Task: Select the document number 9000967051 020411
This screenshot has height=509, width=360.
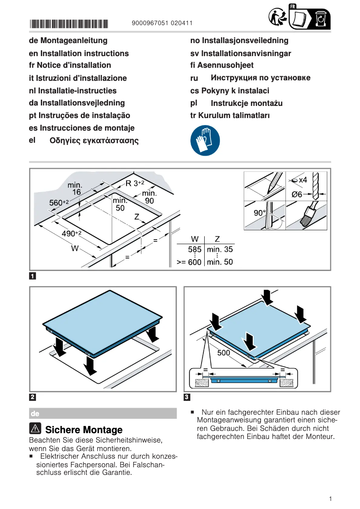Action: (162, 24)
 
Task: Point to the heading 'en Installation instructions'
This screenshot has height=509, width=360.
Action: (79, 53)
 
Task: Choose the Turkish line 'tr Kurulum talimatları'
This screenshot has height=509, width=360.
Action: (230, 115)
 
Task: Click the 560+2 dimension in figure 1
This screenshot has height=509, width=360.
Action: (59, 203)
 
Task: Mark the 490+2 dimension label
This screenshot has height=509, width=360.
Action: (71, 233)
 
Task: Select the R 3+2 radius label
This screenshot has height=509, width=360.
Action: (135, 183)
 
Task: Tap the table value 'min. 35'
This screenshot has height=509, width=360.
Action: (220, 250)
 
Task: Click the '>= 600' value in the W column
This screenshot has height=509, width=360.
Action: (189, 262)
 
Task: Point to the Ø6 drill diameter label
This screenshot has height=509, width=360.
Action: (297, 194)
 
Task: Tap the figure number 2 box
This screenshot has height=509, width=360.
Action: (33, 397)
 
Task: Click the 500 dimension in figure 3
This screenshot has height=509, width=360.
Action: (224, 353)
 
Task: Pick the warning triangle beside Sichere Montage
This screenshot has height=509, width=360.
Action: (35, 429)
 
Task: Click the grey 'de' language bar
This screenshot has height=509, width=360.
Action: (103, 413)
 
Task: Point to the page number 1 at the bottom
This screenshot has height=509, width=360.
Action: (330, 499)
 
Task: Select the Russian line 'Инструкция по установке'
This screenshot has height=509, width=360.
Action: (260, 78)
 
